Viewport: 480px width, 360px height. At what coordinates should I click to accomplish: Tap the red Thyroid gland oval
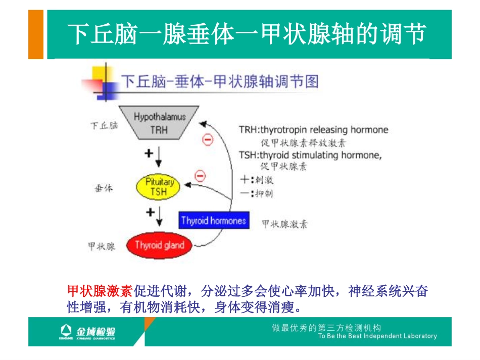pyautogui.click(x=159, y=245)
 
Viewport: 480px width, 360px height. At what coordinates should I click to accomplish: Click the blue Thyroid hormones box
pyautogui.click(x=214, y=221)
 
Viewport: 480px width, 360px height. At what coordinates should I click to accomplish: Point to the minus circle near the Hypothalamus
pyautogui.click(x=208, y=140)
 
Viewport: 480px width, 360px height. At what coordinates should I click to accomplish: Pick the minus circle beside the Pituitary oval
pyautogui.click(x=200, y=176)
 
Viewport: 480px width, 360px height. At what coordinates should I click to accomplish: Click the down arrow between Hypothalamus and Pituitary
pyautogui.click(x=159, y=157)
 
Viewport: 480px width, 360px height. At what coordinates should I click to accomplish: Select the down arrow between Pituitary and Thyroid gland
pyautogui.click(x=159, y=216)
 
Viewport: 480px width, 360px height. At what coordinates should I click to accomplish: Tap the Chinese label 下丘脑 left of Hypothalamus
pyautogui.click(x=104, y=125)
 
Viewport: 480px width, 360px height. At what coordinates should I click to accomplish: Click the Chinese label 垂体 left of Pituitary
pyautogui.click(x=104, y=188)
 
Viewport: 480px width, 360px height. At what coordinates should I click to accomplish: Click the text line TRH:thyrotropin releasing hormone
pyautogui.click(x=313, y=130)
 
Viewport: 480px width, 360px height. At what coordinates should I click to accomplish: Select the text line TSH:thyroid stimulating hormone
pyautogui.click(x=310, y=155)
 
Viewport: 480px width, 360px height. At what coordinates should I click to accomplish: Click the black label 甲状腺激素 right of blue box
pyautogui.click(x=284, y=224)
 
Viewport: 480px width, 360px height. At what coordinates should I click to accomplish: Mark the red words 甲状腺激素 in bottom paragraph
pyautogui.click(x=100, y=291)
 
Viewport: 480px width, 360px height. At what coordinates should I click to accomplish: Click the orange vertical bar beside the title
pyautogui.click(x=35, y=34)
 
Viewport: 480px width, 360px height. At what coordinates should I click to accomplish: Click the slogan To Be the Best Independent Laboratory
pyautogui.click(x=377, y=336)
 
